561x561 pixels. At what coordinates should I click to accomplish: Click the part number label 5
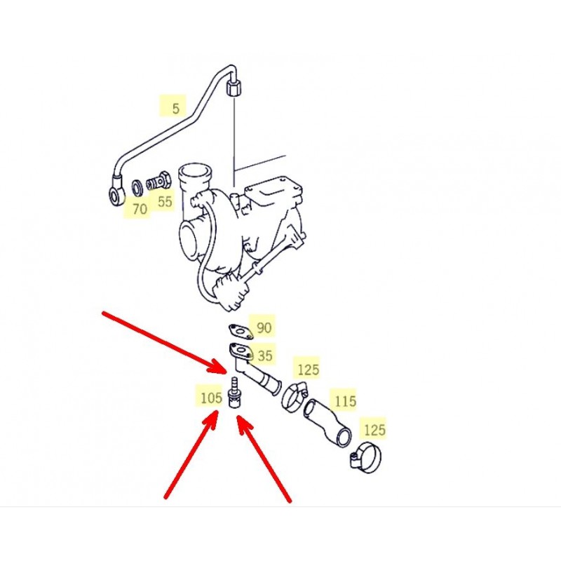tap(175, 109)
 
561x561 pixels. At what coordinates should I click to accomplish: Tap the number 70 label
tap(140, 209)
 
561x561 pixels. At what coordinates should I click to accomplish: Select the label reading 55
tap(165, 202)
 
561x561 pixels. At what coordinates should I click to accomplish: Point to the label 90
tap(264, 327)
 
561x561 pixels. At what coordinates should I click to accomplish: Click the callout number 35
tap(265, 356)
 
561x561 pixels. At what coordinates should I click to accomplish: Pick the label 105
tap(211, 398)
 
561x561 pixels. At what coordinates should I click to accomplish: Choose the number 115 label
tap(345, 401)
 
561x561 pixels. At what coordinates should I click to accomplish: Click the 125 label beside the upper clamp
tap(308, 370)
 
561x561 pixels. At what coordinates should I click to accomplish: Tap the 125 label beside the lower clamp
tap(374, 430)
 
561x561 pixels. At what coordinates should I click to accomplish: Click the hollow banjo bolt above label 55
tap(158, 182)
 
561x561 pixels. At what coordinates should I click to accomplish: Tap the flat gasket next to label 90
tap(241, 331)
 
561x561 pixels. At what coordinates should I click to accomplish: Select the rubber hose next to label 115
tap(327, 423)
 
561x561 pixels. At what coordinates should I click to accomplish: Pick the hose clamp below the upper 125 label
tap(295, 397)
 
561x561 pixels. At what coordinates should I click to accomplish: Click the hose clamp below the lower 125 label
tap(365, 457)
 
